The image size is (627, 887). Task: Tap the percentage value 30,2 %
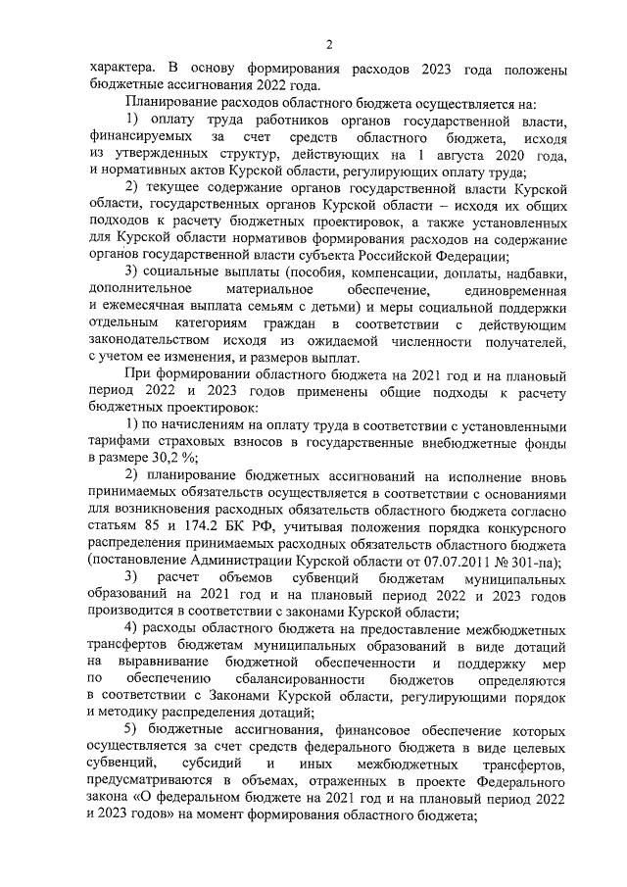click(178, 458)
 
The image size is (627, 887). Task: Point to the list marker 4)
click(133, 627)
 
